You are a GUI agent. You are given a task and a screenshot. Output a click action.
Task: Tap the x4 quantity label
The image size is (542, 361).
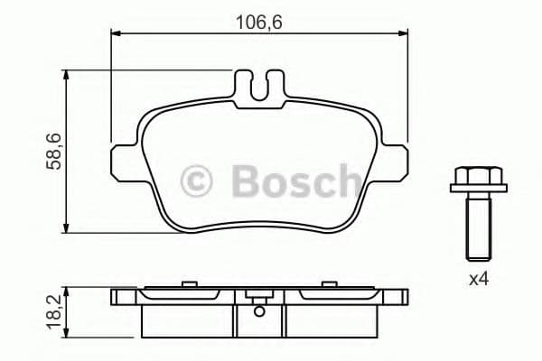[x=478, y=280]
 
